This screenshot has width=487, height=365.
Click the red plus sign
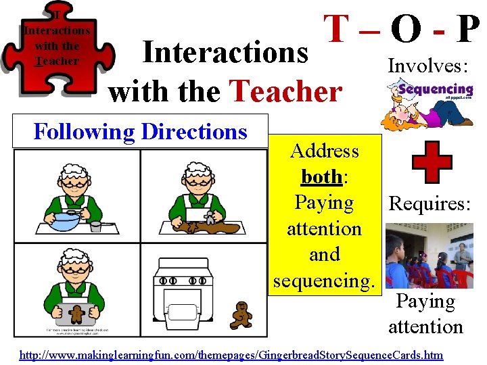coord(432,166)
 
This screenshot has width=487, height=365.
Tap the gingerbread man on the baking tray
coord(78,312)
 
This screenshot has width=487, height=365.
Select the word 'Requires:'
coord(429,203)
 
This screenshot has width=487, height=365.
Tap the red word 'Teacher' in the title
coord(285,91)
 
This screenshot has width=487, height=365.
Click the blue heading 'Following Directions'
coord(141,131)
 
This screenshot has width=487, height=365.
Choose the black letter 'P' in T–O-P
coord(468,30)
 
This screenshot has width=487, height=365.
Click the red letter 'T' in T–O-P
coord(337,30)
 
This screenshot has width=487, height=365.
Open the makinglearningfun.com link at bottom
coord(231,354)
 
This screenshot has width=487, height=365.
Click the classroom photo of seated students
coord(429,256)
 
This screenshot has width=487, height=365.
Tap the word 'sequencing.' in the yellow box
coord(323,280)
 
